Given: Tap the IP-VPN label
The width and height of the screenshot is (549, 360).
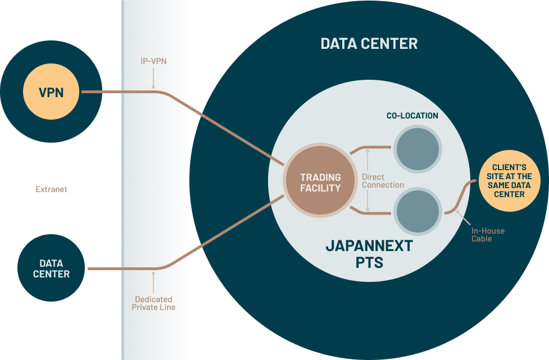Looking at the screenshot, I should (153, 61).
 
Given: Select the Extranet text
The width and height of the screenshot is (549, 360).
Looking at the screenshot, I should (51, 189).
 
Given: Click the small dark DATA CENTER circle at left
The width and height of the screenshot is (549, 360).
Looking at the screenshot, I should (51, 268).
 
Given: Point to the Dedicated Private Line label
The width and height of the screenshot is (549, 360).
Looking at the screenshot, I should (153, 303).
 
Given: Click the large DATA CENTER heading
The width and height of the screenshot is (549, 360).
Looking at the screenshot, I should (369, 44).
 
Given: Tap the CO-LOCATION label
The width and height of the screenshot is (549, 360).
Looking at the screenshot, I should (412, 116).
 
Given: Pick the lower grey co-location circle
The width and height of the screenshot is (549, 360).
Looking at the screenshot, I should (417, 211).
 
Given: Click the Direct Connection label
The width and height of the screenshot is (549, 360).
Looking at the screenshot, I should (383, 181).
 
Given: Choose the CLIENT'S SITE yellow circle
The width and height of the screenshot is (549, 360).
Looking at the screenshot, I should (509, 181).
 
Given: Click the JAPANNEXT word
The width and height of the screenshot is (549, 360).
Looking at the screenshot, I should (369, 246).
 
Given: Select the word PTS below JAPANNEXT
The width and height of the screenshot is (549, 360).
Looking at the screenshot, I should (369, 262).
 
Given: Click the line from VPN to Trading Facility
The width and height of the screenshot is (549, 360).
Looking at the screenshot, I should (225, 127).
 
